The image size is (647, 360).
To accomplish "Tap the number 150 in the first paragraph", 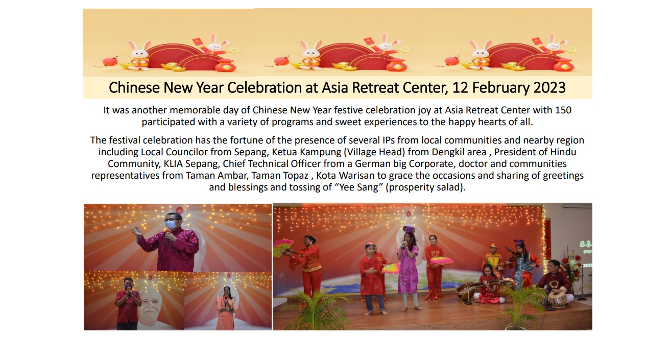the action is point(563,110).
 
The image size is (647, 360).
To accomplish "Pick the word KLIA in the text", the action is point(173,164).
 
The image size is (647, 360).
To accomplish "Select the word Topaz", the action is point(295,176).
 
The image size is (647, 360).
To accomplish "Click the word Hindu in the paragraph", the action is point(563,152).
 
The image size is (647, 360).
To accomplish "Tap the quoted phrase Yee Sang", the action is point(359,187).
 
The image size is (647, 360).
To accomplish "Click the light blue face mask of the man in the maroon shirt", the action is point(172,224).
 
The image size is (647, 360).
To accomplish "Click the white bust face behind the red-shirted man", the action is point(149,303).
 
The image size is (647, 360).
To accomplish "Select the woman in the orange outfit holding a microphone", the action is point(226,308).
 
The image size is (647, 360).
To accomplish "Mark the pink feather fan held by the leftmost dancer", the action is point(282,248).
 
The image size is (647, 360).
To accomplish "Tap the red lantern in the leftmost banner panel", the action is point(110,61).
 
